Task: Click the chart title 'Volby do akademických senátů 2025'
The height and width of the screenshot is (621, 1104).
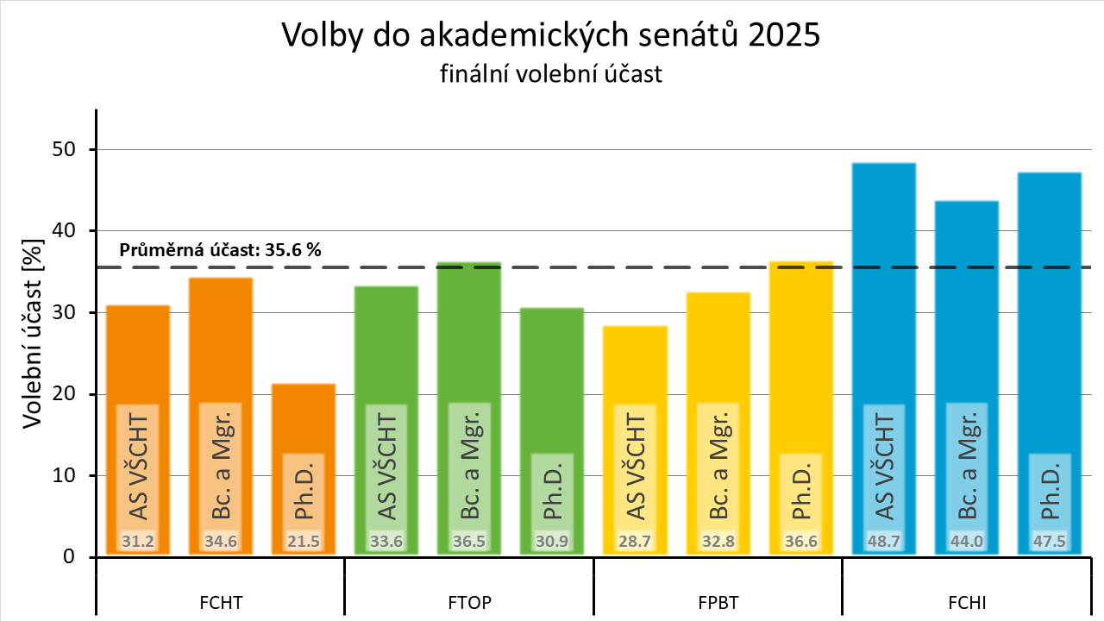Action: click(551, 36)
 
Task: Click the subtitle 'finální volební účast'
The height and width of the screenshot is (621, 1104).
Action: click(551, 74)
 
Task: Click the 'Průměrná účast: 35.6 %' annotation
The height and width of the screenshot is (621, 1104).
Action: click(220, 251)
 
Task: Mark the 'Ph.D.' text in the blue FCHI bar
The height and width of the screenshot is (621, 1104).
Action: click(1050, 495)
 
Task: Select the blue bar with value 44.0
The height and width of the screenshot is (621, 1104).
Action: click(967, 302)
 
